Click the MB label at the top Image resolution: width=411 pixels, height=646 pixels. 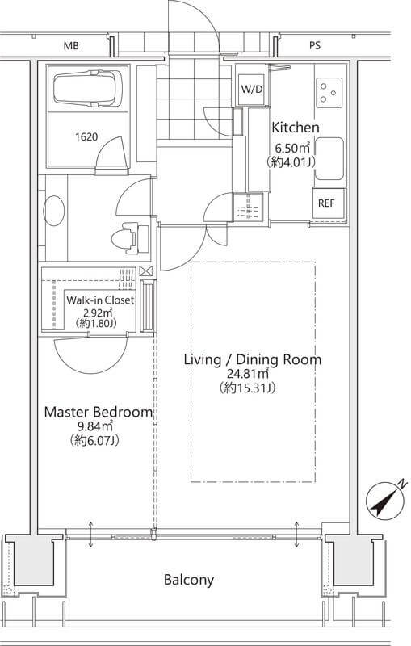71,46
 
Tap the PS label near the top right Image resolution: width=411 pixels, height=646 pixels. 315,45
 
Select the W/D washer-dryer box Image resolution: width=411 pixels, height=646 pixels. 252,89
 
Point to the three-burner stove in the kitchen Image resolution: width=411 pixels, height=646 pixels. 329,92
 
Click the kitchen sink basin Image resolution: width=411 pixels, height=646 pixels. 329,158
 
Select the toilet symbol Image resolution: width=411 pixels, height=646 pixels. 130,238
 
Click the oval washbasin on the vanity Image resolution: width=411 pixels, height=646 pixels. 54,211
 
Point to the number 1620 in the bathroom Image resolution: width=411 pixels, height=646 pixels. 86,136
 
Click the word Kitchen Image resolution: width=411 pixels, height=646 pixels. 296,128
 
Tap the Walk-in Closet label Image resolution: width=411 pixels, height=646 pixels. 100,300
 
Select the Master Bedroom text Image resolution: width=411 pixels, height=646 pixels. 98,412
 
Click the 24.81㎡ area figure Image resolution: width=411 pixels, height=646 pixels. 248,374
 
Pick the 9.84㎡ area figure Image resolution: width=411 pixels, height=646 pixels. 94,426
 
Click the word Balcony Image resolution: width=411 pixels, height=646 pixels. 189,580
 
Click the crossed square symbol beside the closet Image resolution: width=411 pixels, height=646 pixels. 146,271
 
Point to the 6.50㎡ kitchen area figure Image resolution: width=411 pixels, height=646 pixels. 292,148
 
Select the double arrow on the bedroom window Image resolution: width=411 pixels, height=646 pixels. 91,535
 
